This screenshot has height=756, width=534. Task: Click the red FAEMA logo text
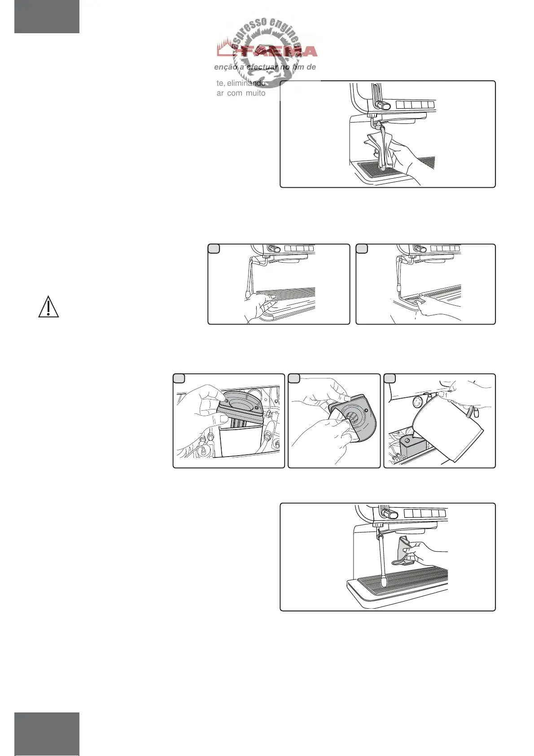point(267,51)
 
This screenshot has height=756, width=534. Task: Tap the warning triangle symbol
point(48,307)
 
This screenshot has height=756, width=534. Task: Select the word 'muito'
point(255,93)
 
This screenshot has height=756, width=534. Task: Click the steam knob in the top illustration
point(384,105)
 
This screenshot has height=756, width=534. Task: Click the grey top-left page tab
point(47,17)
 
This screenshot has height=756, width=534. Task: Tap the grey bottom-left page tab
point(47,734)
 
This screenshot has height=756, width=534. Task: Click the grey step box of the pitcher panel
point(390,378)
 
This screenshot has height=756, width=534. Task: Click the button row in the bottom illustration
point(425,513)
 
